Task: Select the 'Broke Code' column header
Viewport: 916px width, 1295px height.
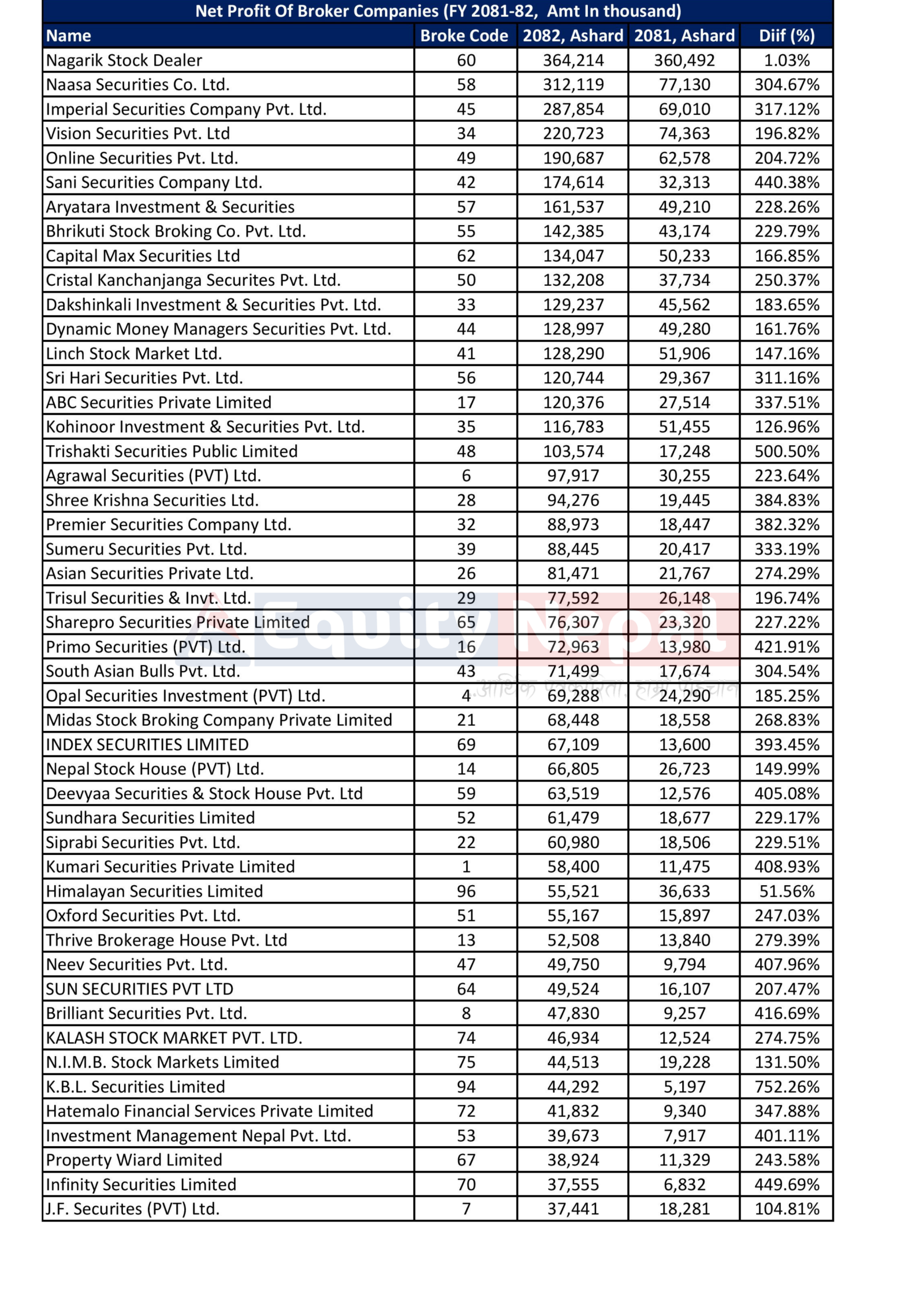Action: click(x=464, y=35)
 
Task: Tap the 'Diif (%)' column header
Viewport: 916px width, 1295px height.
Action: click(x=787, y=35)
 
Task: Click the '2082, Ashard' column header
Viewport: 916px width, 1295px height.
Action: click(x=573, y=35)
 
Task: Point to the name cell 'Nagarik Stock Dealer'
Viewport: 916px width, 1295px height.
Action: click(x=124, y=60)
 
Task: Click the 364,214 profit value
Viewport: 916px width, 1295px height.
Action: click(x=573, y=60)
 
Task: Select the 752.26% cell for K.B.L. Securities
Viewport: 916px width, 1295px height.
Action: click(x=787, y=1086)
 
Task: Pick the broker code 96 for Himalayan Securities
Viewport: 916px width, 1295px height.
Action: click(x=466, y=891)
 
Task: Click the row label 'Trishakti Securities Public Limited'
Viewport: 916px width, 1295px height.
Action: click(x=171, y=451)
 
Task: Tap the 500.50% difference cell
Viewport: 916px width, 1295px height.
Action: click(x=787, y=451)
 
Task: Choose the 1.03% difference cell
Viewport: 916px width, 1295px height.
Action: click(x=787, y=60)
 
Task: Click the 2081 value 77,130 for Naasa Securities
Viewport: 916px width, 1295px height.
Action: click(x=684, y=84)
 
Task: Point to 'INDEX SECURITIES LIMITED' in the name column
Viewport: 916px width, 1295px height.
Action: click(x=147, y=745)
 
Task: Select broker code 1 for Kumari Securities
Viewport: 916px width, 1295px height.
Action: click(x=466, y=867)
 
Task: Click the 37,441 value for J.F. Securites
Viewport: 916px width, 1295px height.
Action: click(x=573, y=1208)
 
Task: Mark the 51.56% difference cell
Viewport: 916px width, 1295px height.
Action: click(x=787, y=891)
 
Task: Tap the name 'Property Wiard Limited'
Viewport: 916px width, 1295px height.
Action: click(x=134, y=1159)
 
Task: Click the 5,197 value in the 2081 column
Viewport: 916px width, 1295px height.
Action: click(x=684, y=1086)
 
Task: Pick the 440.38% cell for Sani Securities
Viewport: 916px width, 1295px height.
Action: click(x=787, y=182)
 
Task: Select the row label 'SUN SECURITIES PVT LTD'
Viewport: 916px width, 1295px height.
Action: click(x=139, y=989)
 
